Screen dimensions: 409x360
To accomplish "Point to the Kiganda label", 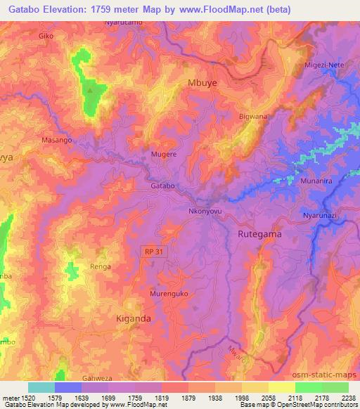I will (x=133, y=318).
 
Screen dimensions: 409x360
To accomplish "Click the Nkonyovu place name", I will (x=205, y=209).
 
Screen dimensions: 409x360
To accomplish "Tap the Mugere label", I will (x=163, y=152).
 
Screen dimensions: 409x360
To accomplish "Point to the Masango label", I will (x=57, y=141).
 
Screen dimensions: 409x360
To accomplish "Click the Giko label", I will (x=46, y=35).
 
